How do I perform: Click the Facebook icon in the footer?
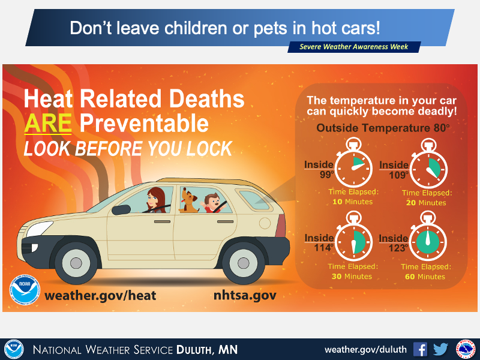click(420, 349)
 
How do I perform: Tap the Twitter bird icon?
click(441, 349)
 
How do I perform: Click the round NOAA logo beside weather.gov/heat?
click(25, 290)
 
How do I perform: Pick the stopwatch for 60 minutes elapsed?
click(428, 237)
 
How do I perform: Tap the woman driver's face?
click(152, 200)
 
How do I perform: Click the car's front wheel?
click(76, 263)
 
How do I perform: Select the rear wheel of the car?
click(243, 263)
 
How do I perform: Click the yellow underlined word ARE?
click(48, 123)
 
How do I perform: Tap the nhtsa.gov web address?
click(245, 295)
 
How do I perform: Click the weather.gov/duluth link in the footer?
click(365, 350)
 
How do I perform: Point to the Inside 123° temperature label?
click(394, 243)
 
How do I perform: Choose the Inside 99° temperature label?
click(319, 169)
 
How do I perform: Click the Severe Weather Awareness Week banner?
click(354, 47)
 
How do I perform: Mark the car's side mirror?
click(121, 209)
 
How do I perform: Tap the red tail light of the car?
click(281, 226)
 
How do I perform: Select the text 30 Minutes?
click(352, 277)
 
